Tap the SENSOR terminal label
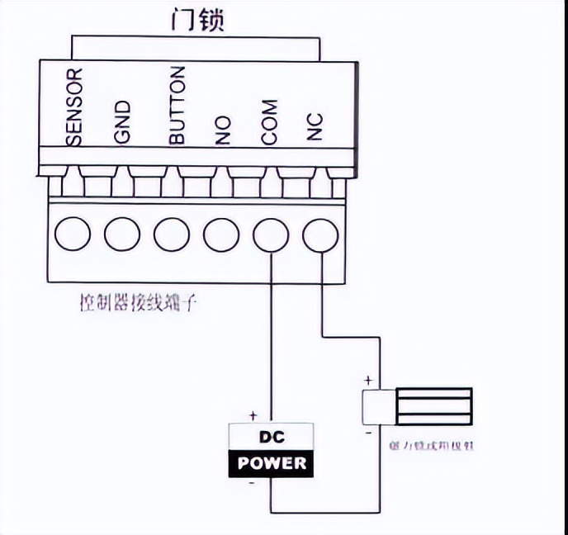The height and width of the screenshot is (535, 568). pos(75,108)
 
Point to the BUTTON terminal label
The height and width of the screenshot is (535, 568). pos(177,107)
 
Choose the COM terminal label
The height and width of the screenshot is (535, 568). pos(269,123)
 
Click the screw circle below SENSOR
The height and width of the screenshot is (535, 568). pos(73,234)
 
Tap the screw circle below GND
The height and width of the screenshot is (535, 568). pos(122,234)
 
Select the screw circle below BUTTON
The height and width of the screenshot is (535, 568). pos(172,234)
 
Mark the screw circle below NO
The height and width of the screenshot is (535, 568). pos(221,234)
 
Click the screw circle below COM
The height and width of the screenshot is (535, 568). pos(271,234)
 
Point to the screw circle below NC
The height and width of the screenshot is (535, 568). pos(320,234)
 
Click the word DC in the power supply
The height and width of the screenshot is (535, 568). pos(272,438)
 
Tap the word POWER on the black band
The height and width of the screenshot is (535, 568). pos(272,463)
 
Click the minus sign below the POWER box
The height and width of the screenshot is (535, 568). pos(251,485)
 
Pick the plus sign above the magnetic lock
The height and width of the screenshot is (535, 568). pos(367,382)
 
